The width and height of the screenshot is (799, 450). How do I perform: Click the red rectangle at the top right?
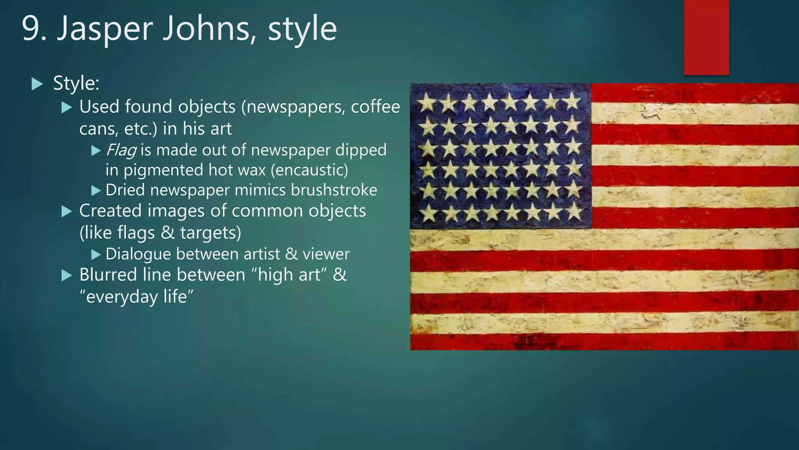coord(706,37)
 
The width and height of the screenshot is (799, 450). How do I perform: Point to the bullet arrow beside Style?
coord(37,84)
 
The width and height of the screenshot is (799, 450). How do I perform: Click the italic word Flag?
coord(121,150)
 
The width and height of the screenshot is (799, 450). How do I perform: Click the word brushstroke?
coord(334,190)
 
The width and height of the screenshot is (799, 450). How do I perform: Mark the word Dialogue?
coord(138,254)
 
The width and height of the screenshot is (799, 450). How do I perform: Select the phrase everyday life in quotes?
coord(136,297)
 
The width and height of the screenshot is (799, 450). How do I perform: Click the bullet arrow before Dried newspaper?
coord(96,191)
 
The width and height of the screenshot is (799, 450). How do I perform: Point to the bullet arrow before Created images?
coord(67,211)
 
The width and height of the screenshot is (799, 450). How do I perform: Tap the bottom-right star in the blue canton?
coord(574,212)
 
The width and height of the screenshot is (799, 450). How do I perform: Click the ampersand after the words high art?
coord(339,275)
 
